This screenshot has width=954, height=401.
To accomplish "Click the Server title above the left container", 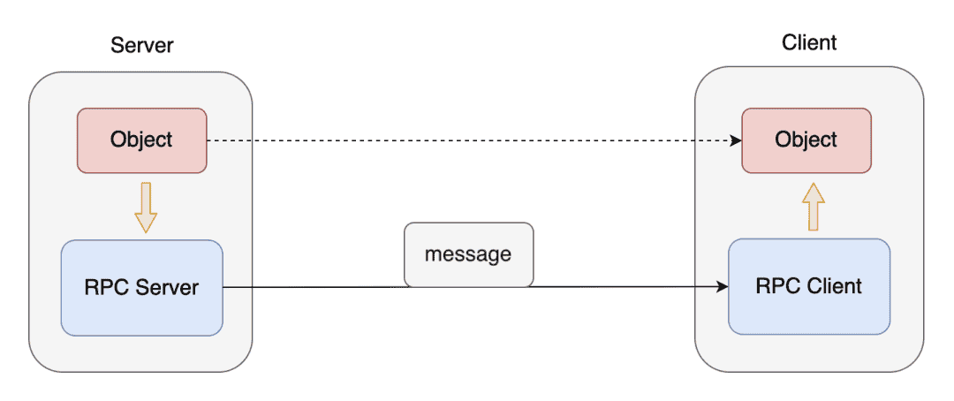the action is (x=141, y=46).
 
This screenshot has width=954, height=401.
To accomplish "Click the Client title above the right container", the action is (x=809, y=42).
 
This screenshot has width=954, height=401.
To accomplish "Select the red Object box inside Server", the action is (x=141, y=140).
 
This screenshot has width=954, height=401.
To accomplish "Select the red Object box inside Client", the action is (x=806, y=140).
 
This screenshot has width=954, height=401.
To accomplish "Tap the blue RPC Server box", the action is (x=141, y=287).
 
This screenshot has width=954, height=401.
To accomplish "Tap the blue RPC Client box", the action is (x=809, y=286).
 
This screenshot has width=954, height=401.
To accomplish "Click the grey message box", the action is (x=468, y=254).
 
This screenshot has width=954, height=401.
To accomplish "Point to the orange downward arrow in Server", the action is (x=146, y=207).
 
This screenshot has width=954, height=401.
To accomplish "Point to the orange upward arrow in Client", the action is (x=813, y=206).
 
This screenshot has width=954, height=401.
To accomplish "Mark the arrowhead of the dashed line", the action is (x=736, y=140).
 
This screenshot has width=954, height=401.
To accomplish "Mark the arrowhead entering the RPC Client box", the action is (x=723, y=286).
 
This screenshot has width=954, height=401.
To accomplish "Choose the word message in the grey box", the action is (x=468, y=254).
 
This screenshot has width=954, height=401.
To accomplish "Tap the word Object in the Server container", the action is (x=141, y=140).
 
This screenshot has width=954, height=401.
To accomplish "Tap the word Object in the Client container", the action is (x=806, y=140).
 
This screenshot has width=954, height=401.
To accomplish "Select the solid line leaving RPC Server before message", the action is (x=314, y=287).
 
